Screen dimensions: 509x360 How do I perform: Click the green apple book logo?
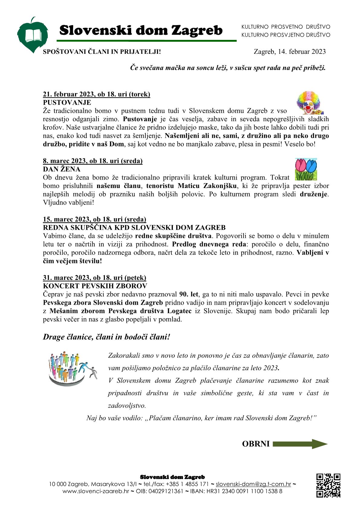click(x=33, y=36)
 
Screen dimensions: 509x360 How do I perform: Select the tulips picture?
click(x=306, y=169)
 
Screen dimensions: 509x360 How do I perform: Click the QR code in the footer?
click(x=328, y=485)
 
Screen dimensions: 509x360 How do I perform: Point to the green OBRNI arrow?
click(x=300, y=444)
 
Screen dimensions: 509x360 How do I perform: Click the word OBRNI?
click(x=255, y=444)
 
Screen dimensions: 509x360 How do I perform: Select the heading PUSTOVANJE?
click(x=67, y=102)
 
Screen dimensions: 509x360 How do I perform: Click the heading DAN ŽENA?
click(x=62, y=169)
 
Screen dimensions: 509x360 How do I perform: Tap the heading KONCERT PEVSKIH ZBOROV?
click(x=95, y=286)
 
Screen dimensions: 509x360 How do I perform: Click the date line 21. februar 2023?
click(x=96, y=94)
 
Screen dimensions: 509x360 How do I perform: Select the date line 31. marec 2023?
click(x=94, y=277)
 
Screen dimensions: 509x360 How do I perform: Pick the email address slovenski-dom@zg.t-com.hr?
click(x=253, y=484)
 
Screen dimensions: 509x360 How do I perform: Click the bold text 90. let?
click(x=189, y=294)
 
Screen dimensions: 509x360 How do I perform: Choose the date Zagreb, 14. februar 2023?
click(x=290, y=52)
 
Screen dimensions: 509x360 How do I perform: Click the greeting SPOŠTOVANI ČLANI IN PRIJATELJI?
click(x=102, y=52)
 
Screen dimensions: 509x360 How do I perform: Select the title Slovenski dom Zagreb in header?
click(x=141, y=31)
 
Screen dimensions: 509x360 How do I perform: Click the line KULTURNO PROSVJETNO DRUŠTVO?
click(x=286, y=35)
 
